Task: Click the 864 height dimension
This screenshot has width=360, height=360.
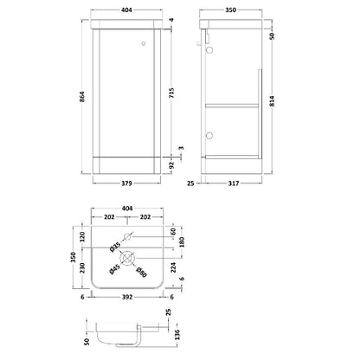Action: [82, 96]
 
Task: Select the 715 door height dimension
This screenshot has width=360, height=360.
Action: [172, 93]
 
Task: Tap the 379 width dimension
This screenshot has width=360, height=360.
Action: [126, 183]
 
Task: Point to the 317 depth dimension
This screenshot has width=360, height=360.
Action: [234, 183]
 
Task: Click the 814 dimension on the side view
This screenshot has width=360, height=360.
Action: [272, 101]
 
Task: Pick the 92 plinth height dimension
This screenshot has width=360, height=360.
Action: [172, 165]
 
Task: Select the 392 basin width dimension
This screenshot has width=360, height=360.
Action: [127, 297]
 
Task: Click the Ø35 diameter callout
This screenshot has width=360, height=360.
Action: [115, 247]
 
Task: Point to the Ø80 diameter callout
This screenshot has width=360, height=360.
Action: [141, 272]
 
